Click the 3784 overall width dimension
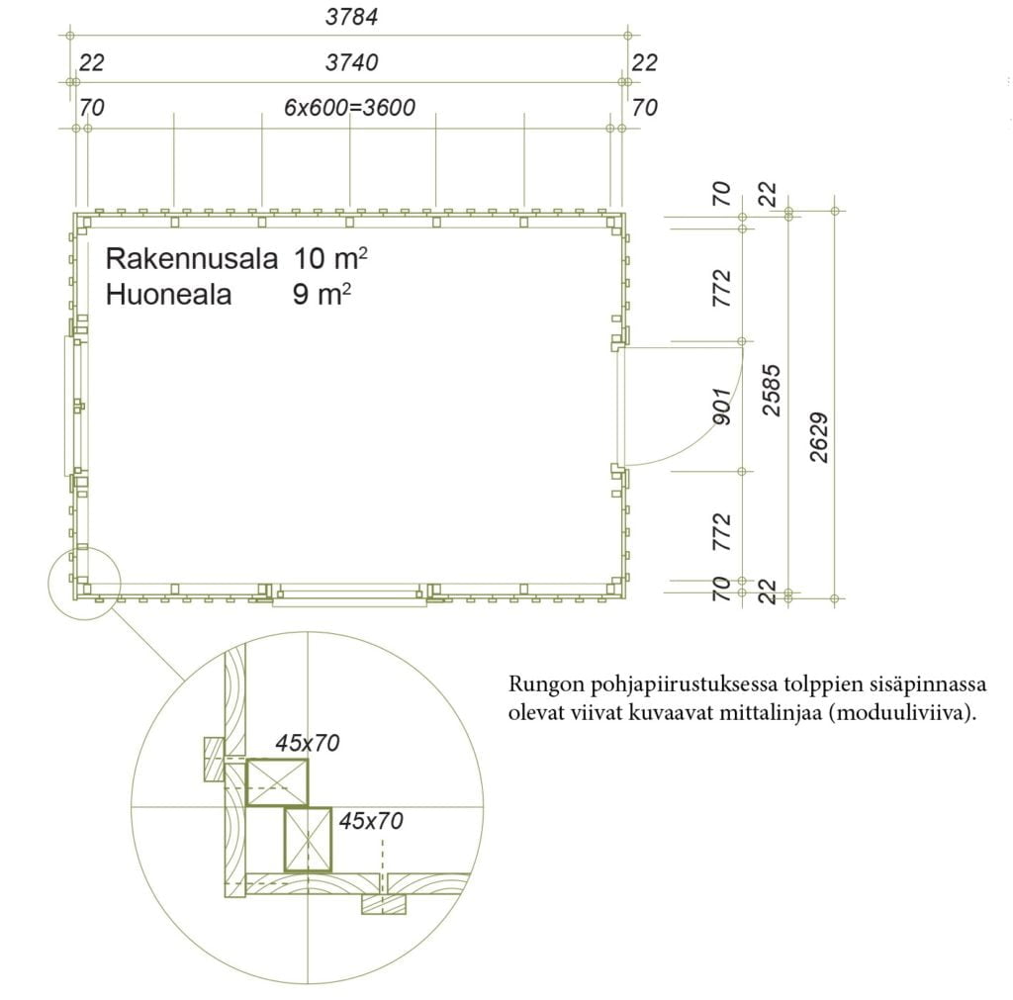point(351,17)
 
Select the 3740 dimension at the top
point(351,62)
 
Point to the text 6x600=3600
point(349,107)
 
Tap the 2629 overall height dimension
point(819,437)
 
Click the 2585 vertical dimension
point(772,390)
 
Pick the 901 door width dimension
point(722,407)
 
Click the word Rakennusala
point(191,258)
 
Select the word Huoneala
point(168,295)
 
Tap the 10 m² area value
point(330,258)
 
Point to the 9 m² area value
point(322,294)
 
